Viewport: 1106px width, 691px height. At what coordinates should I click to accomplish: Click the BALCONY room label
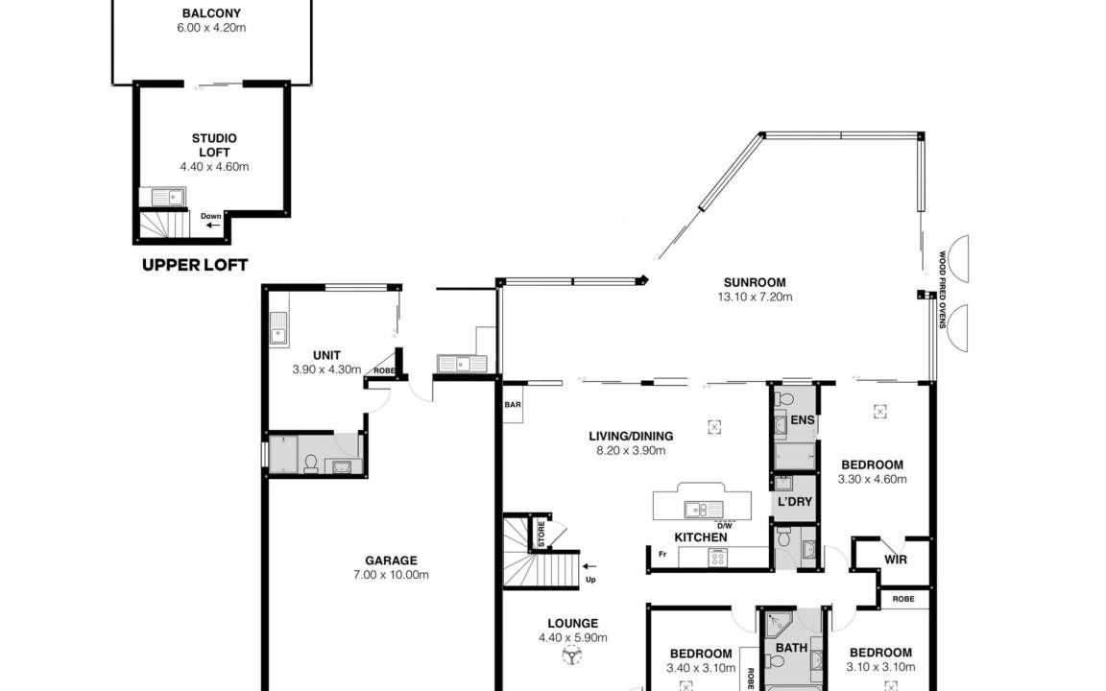click(x=211, y=12)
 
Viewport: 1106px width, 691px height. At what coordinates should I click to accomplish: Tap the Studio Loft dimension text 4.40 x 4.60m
click(x=214, y=167)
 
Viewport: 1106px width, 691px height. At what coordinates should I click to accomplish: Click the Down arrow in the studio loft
click(x=212, y=226)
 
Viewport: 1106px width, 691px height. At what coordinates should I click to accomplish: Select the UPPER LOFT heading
click(x=195, y=265)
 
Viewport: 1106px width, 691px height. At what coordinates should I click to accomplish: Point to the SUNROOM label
click(x=755, y=283)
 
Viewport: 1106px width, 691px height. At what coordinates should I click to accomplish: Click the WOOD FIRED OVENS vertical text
click(x=942, y=290)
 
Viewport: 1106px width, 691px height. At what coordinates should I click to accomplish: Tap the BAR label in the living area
click(x=513, y=405)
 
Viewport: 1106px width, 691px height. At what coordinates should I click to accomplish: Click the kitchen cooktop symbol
click(x=717, y=559)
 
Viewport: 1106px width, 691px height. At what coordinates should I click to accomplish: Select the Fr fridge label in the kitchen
click(x=662, y=554)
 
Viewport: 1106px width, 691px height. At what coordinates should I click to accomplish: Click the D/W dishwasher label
click(x=725, y=526)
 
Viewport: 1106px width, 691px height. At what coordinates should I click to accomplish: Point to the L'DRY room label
click(x=795, y=502)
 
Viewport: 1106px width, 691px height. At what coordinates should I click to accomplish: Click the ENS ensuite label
click(x=803, y=420)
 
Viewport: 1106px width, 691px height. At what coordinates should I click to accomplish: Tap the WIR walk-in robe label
click(x=896, y=560)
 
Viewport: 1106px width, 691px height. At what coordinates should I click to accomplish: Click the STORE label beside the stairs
click(x=541, y=535)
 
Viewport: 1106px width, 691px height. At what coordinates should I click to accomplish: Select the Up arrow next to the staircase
click(x=589, y=566)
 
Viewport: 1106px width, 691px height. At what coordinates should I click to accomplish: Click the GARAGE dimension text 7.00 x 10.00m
click(x=392, y=575)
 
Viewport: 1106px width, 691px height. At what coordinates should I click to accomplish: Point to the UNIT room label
click(x=326, y=355)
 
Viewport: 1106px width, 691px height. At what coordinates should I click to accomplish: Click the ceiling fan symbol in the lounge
click(x=571, y=656)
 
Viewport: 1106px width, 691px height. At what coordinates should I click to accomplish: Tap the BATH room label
click(x=791, y=647)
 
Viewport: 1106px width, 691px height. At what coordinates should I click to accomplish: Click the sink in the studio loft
click(x=163, y=197)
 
